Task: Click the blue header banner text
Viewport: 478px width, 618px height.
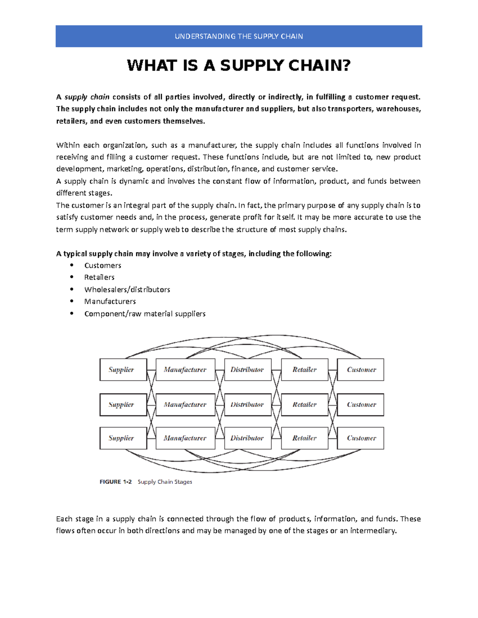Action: (x=239, y=36)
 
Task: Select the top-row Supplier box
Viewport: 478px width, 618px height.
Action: (x=123, y=370)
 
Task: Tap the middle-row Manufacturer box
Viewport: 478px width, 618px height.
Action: (x=185, y=405)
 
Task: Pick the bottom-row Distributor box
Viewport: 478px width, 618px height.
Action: (x=247, y=438)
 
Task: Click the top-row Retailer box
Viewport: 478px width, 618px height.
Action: (x=305, y=370)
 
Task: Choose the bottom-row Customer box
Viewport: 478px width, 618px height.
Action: (x=361, y=438)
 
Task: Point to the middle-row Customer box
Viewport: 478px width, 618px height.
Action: (x=361, y=405)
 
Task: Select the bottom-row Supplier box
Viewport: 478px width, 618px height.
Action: (x=123, y=438)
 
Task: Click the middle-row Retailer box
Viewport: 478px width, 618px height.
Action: (x=305, y=405)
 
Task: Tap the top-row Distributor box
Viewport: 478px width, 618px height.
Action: (x=247, y=370)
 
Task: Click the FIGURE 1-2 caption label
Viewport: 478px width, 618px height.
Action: (x=116, y=482)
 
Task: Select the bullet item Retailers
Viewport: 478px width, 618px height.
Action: (x=99, y=277)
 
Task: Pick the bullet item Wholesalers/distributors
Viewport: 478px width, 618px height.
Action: (x=127, y=290)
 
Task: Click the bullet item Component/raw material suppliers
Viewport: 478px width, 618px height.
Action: (x=145, y=314)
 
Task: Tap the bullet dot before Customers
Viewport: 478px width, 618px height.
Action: (x=72, y=265)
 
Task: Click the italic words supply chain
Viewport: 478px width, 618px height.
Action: (x=87, y=97)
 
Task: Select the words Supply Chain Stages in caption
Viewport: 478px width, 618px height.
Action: (x=165, y=482)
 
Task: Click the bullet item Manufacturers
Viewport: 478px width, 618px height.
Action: (x=110, y=302)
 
